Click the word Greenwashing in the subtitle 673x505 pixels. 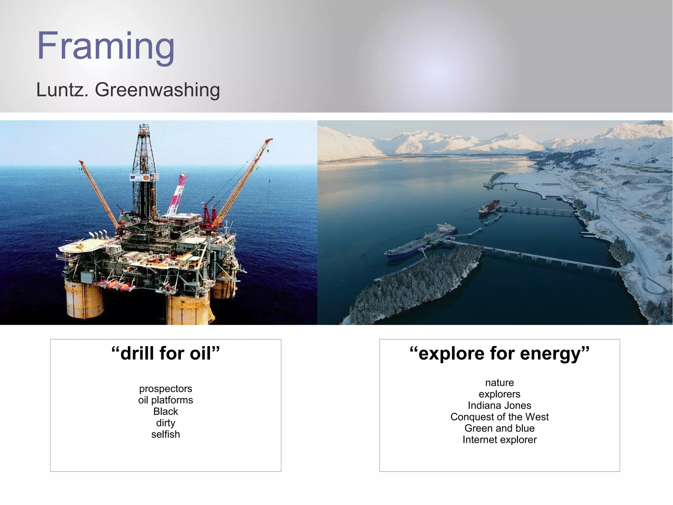157,90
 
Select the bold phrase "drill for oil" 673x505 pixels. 165,353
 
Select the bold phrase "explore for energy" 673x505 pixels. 499,354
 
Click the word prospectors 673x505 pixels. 165,389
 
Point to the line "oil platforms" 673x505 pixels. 165,400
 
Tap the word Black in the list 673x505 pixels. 165,412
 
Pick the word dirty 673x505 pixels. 165,423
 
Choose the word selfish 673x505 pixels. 165,434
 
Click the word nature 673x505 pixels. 499,383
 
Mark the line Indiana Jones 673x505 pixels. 499,405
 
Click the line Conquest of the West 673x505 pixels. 499,417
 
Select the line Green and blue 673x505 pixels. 499,428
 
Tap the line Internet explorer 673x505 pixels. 499,440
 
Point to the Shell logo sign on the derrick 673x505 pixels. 145,178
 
